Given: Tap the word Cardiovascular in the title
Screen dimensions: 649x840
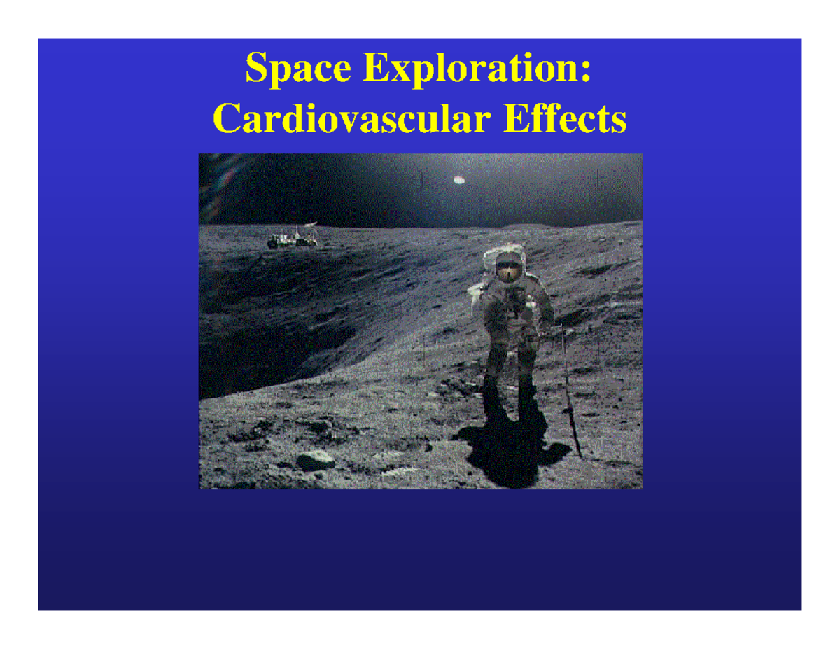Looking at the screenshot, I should tap(349, 119).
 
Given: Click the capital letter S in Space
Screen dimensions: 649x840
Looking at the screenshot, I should tap(255, 70).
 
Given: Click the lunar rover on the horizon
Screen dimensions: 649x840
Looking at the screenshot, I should tap(291, 240).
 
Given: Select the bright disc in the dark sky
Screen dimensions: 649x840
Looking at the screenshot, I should tap(460, 179).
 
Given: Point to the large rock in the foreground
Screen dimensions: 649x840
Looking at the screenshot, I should tap(314, 460).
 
